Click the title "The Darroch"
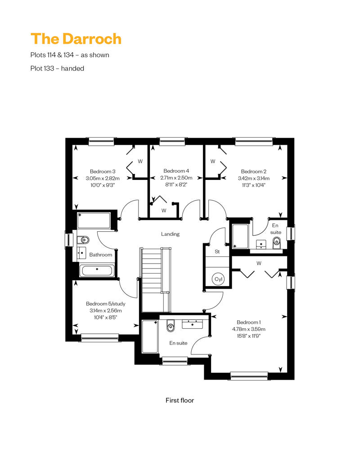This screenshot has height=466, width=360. (x=76, y=39)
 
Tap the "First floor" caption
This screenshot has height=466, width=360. (x=180, y=400)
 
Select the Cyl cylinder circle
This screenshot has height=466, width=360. (x=218, y=279)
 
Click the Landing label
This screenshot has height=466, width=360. (x=171, y=234)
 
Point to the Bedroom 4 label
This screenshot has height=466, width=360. (x=176, y=171)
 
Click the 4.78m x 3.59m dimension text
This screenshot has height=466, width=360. (x=249, y=329)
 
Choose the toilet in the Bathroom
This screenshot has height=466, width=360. (x=83, y=240)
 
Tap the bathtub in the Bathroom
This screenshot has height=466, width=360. (x=97, y=271)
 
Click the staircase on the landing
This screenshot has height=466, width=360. (x=156, y=279)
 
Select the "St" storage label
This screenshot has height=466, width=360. (x=217, y=252)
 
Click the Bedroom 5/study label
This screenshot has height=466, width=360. (x=106, y=304)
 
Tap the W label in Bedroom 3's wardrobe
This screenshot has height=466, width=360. (x=140, y=161)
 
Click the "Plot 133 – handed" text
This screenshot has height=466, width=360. (x=57, y=68)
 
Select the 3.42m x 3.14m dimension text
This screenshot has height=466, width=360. (x=254, y=178)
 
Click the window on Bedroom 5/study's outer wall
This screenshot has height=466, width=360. (x=100, y=337)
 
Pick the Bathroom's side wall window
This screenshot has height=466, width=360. (x=69, y=239)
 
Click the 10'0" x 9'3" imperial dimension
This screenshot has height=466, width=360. (x=103, y=185)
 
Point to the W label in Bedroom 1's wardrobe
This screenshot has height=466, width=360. (x=259, y=263)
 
